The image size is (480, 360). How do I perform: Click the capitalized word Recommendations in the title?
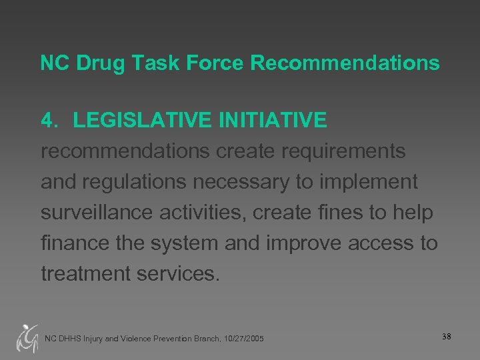345,63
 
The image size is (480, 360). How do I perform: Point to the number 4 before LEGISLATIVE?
47,121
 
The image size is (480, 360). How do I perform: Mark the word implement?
369,182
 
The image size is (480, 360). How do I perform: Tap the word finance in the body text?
74,243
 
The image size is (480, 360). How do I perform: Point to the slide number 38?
446,337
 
